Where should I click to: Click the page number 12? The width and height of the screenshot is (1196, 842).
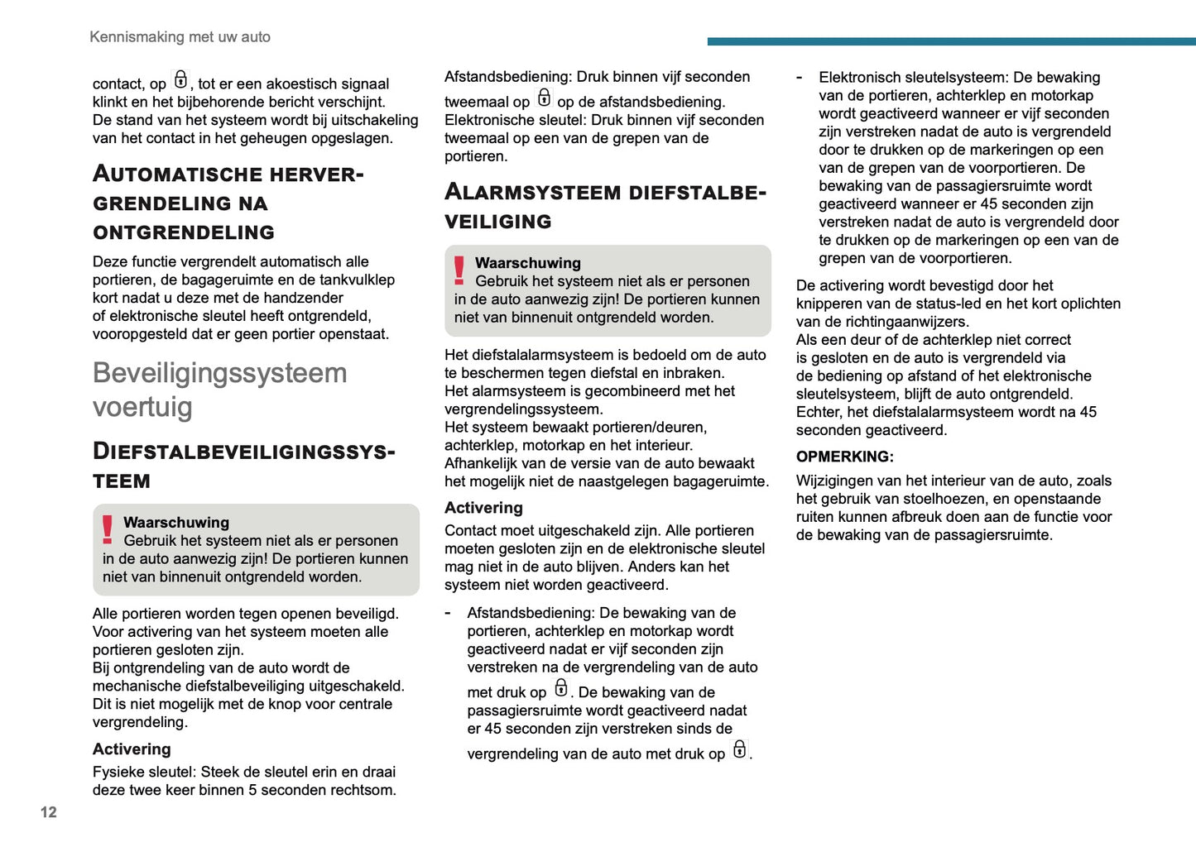(49, 812)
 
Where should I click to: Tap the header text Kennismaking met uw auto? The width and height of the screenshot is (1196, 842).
(180, 37)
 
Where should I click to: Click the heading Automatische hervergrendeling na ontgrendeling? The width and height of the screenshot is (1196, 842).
(228, 203)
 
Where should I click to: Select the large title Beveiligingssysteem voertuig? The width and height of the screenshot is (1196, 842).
(219, 390)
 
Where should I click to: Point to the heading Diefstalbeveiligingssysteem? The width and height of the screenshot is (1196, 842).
(243, 466)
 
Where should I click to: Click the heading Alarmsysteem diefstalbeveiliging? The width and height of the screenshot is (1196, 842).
(605, 206)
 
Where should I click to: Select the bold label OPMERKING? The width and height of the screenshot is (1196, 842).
(844, 457)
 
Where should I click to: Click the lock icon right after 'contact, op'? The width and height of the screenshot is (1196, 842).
(180, 80)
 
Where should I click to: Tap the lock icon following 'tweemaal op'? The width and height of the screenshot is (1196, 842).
(544, 98)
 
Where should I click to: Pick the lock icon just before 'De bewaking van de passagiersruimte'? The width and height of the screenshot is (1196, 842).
(561, 688)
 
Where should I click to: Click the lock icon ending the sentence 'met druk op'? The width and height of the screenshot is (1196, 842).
(739, 749)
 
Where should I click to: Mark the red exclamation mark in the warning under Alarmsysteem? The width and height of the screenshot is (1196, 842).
(459, 270)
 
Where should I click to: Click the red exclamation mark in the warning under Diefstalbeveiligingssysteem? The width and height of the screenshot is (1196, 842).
(108, 529)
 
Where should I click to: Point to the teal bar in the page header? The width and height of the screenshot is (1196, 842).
(951, 41)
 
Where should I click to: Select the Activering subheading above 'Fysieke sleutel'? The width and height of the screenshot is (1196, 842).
(132, 749)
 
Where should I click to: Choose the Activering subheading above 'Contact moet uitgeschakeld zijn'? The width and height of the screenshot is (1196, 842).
(483, 508)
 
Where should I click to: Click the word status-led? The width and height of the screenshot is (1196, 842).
(936, 304)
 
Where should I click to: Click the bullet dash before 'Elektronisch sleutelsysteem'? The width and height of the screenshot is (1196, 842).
(800, 78)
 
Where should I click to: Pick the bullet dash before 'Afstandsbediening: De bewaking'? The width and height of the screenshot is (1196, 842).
(448, 613)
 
